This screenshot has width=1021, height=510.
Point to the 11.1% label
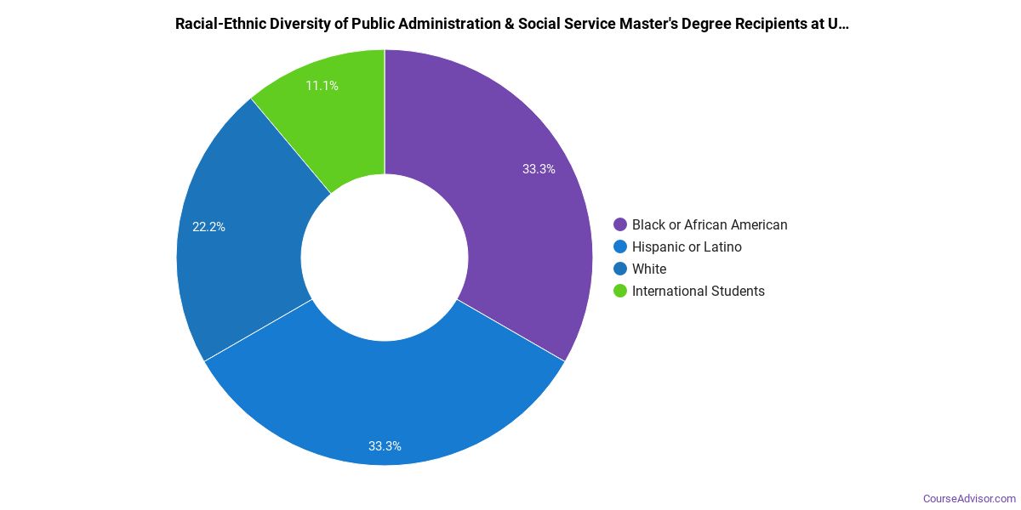coord(322,86)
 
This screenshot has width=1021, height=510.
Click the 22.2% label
coord(208,227)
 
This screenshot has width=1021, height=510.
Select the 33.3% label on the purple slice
coord(539,169)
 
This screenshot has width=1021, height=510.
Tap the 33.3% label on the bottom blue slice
coord(385,445)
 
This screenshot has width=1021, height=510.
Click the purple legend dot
coord(620,225)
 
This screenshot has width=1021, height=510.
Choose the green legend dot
coord(620,292)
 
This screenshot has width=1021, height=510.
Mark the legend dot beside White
coord(620,269)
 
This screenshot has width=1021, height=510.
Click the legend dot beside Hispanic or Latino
coord(620,247)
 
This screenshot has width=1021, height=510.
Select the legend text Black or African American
coord(710,225)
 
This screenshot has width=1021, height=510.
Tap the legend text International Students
coord(698,292)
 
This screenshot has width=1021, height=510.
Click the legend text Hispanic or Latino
coord(687,247)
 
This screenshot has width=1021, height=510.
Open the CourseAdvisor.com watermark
coord(969,498)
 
